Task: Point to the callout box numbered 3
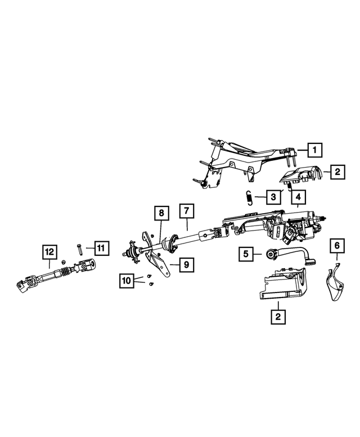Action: tap(273, 197)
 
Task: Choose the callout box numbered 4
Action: tap(298, 197)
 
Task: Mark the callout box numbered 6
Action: tap(336, 245)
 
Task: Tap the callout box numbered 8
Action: tap(161, 213)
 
